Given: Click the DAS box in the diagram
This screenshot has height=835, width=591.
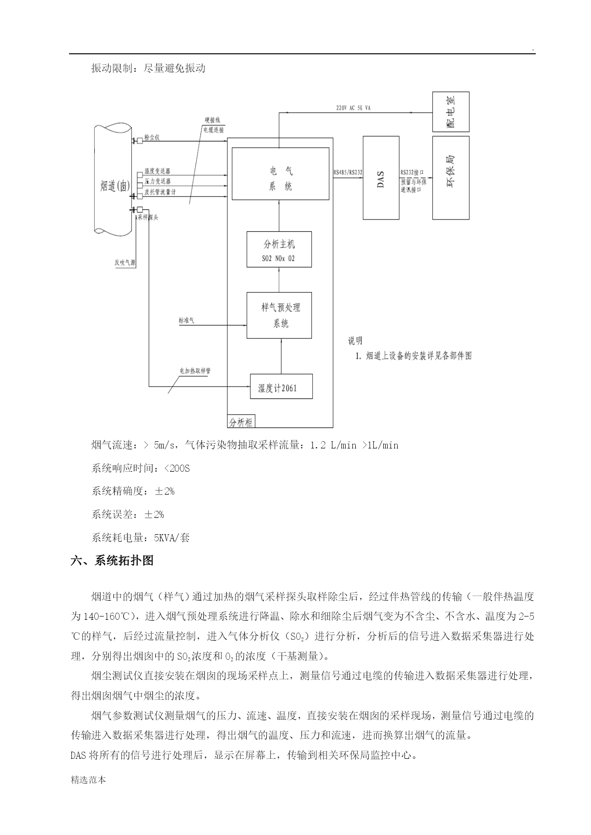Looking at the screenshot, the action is point(381,178).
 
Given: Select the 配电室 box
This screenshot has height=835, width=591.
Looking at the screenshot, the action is point(451,112).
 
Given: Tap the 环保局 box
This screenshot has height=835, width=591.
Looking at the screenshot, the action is point(451,178).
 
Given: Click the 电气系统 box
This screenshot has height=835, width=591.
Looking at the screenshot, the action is point(280,173).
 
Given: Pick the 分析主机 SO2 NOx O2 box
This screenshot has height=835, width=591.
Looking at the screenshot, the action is point(279,249).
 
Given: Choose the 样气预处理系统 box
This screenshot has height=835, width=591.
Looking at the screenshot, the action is point(279,315).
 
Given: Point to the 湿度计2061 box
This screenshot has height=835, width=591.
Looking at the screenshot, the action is point(281,386).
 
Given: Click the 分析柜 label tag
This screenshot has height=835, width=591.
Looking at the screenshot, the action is point(241,422).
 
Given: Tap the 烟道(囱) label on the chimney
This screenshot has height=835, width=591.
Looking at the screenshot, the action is point(115,186).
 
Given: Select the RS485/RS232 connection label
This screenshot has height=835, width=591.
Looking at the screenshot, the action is point(348,172).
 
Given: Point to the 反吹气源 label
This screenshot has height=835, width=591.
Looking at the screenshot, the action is point(125,262).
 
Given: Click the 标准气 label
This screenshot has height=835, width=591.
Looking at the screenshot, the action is point(186,320).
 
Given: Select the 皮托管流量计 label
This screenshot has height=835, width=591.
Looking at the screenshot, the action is point(160,192).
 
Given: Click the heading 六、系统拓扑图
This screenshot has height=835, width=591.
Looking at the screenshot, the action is point(112,560).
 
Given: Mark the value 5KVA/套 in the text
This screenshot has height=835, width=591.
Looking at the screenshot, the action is point(172,538).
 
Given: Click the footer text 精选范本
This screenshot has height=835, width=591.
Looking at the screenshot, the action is point(88,780).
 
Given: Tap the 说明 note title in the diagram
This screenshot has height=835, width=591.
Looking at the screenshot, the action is point(355,341).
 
